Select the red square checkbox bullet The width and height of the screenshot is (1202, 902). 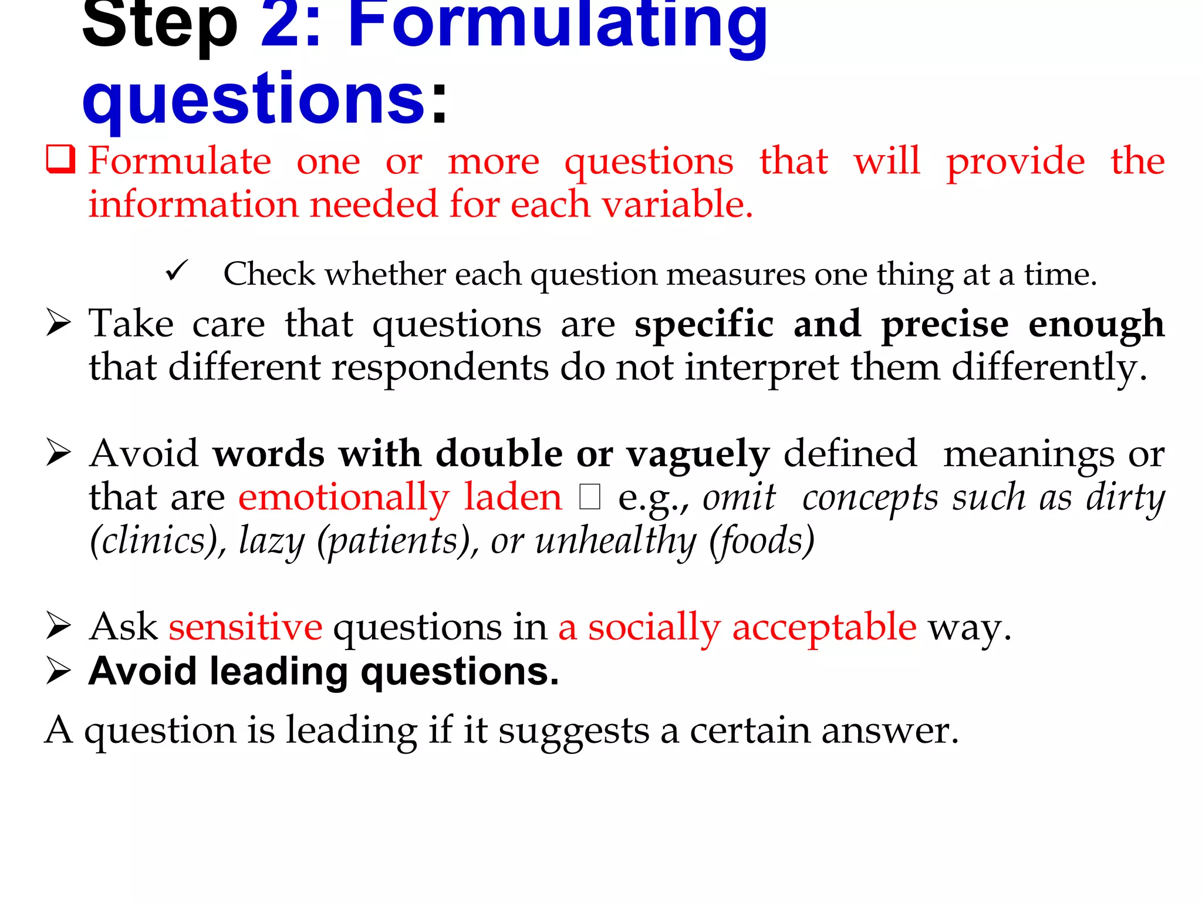(60, 160)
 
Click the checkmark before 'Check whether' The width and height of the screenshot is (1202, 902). (176, 271)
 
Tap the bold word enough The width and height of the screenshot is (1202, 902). (1096, 325)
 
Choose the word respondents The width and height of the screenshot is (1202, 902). (440, 368)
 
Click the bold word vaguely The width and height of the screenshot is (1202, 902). (698, 455)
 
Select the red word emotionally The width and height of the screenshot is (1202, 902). (343, 498)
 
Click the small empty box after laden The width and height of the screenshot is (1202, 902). (589, 497)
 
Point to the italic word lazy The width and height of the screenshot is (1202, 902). (272, 541)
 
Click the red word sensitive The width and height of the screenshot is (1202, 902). (245, 627)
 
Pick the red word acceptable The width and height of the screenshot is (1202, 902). (824, 627)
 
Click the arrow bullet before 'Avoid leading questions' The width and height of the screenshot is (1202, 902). (59, 671)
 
